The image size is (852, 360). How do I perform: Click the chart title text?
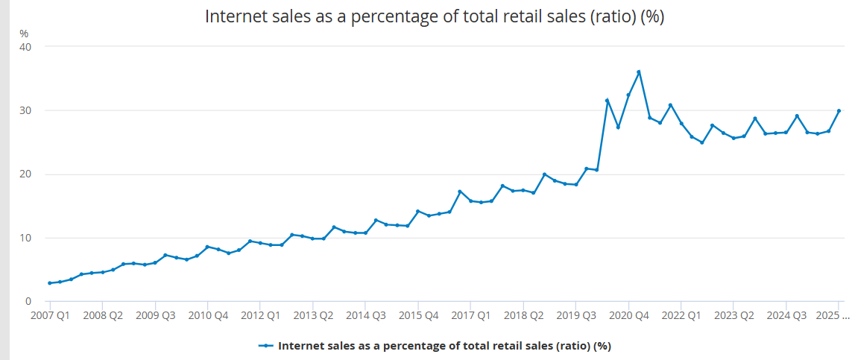click(x=434, y=17)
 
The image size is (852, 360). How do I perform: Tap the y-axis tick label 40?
click(x=25, y=47)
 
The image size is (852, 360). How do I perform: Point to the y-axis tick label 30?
click(x=25, y=110)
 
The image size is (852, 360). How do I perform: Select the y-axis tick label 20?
click(x=25, y=174)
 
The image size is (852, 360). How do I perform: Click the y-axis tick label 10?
click(x=25, y=238)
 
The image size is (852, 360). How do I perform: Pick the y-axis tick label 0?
click(x=28, y=301)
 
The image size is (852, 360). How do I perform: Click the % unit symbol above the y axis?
click(x=24, y=33)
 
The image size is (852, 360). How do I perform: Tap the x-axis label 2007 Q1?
click(x=50, y=315)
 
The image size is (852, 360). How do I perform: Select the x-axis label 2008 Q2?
click(x=103, y=315)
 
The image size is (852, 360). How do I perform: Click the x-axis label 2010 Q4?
click(x=208, y=315)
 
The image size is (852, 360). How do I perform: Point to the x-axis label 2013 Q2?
click(x=313, y=315)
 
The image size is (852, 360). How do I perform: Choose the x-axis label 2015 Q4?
click(x=418, y=315)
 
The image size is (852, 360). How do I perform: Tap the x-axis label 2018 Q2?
click(x=523, y=315)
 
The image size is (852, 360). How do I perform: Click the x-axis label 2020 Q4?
click(x=628, y=315)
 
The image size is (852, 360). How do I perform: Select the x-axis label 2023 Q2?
click(x=733, y=315)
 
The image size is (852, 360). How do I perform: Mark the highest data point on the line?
click(x=639, y=72)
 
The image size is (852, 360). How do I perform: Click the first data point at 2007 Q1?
click(x=50, y=283)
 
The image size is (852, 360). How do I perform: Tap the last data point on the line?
click(x=839, y=111)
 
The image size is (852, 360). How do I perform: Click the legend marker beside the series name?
click(x=266, y=346)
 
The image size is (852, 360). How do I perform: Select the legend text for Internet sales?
click(x=444, y=346)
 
